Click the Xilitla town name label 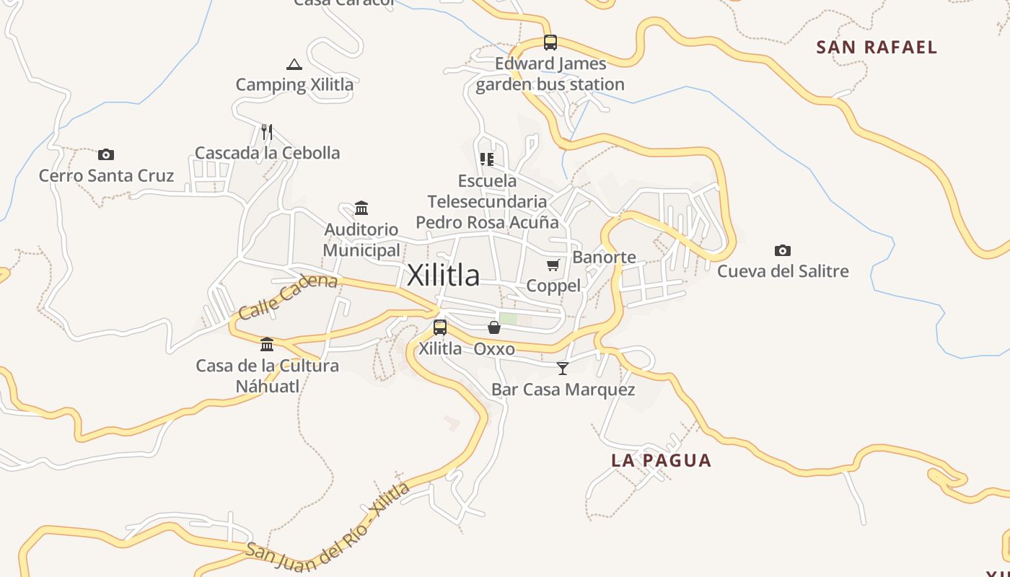443,276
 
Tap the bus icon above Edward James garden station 550,42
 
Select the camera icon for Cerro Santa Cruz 106,154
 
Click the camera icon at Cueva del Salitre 783,250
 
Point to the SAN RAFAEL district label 877,48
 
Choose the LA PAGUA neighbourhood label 661,460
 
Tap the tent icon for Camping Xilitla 294,64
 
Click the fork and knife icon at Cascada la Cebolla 267,131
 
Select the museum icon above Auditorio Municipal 361,208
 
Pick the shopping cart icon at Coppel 553,265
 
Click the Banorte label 604,257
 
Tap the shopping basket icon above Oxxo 494,328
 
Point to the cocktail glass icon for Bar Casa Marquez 563,369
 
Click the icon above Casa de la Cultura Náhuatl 267,344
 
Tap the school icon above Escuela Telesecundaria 487,159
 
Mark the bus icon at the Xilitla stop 440,327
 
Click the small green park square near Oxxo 508,318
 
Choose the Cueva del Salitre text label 783,272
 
